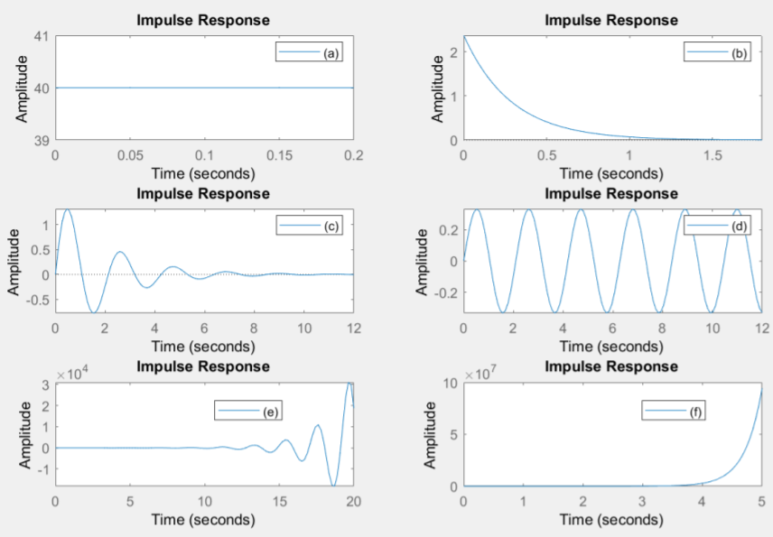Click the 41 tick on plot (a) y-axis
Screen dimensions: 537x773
(42, 37)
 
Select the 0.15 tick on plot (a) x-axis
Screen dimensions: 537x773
(279, 155)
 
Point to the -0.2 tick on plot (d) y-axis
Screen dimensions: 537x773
(445, 293)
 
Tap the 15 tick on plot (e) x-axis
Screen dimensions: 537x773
(279, 502)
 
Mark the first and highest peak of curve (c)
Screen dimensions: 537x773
(66, 209)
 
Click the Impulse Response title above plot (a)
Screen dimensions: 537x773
(202, 21)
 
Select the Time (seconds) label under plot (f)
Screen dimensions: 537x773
(611, 520)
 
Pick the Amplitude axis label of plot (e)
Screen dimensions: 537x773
(15, 435)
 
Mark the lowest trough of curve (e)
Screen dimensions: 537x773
(334, 486)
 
